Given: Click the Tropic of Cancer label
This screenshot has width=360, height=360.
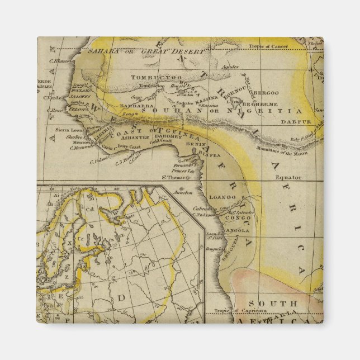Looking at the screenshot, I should pyautogui.click(x=283, y=46).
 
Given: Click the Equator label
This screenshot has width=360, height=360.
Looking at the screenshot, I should pyautogui.click(x=288, y=177).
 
